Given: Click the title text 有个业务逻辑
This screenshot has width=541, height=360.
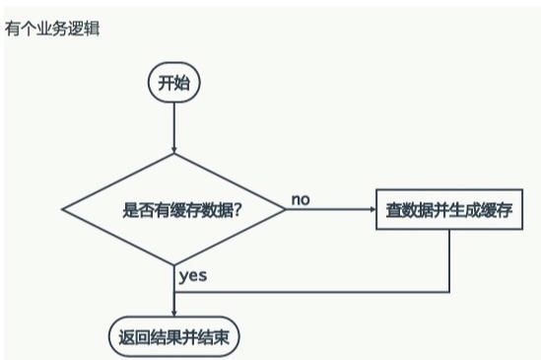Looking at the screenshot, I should pos(52,28).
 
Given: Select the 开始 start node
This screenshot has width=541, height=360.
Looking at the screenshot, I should pos(173,83).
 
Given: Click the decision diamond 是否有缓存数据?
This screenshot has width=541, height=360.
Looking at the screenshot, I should pos(173,210).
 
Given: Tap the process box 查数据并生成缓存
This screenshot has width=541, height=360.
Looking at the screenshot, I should pos(449,210).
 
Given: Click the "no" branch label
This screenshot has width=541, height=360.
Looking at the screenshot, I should pos(301,199).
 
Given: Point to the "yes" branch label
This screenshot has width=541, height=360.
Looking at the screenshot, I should pos(193,275).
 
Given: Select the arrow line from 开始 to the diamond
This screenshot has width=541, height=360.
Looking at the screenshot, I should pos(173,123).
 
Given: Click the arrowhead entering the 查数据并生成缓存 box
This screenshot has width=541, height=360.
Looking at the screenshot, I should pos(371,210).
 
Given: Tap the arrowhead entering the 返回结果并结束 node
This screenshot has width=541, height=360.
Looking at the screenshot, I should pos(173,314).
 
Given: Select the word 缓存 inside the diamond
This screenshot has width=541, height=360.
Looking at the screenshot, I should pos(186,210).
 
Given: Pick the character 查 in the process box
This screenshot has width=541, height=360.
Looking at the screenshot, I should pos(394,210).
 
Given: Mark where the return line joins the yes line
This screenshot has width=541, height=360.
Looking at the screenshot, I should pos(173,292).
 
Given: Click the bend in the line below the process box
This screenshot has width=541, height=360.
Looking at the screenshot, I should pos(449,292).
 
